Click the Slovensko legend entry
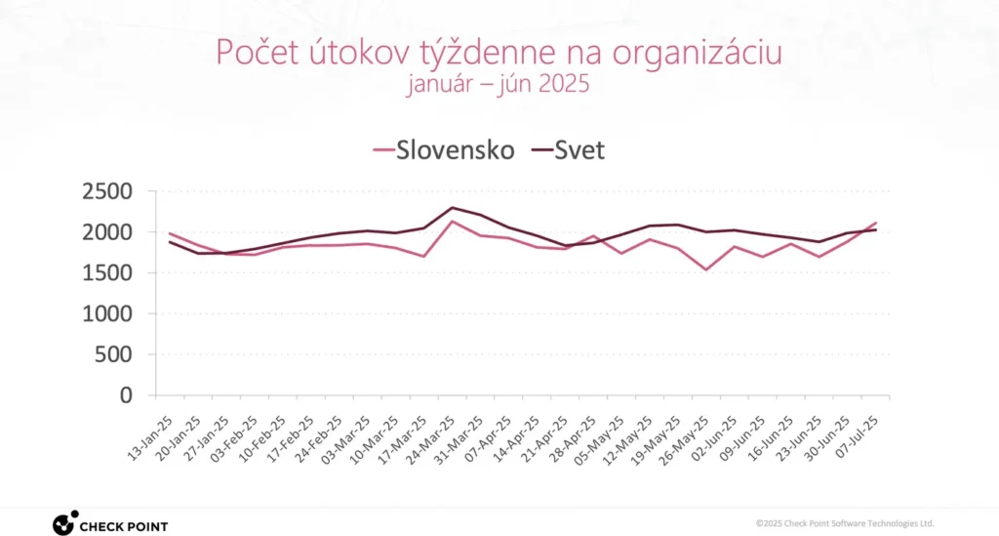(444, 150)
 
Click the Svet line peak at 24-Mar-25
(452, 207)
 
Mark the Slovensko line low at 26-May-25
(705, 269)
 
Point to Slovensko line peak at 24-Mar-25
(452, 221)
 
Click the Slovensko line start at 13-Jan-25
(170, 233)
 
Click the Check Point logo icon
(64, 523)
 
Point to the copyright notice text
(845, 523)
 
